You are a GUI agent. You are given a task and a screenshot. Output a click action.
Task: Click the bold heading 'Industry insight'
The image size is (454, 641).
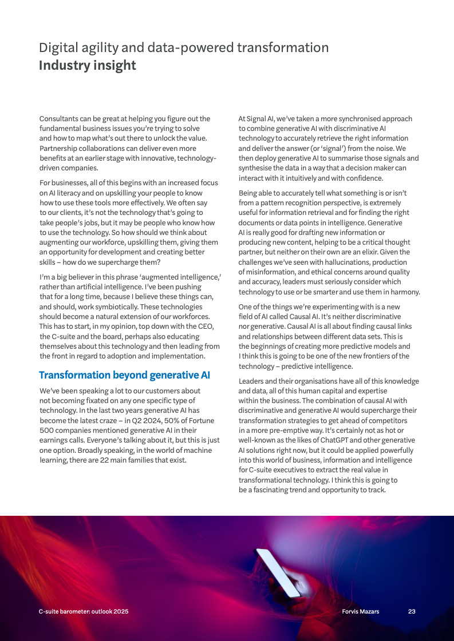87,65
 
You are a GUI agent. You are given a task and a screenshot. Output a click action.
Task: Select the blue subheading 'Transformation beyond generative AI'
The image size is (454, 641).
124,375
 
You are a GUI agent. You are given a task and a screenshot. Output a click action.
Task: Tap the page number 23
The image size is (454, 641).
412,611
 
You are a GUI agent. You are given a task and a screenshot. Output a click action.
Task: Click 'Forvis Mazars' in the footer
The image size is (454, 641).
360,611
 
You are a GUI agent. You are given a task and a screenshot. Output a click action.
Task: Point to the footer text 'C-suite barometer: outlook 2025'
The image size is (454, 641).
84,611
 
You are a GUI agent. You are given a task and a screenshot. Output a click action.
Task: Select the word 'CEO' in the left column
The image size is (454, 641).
206,327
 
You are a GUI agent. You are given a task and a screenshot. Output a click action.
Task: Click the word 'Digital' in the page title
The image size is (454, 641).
57,47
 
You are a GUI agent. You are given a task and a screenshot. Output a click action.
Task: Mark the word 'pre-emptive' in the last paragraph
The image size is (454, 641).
287,430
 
